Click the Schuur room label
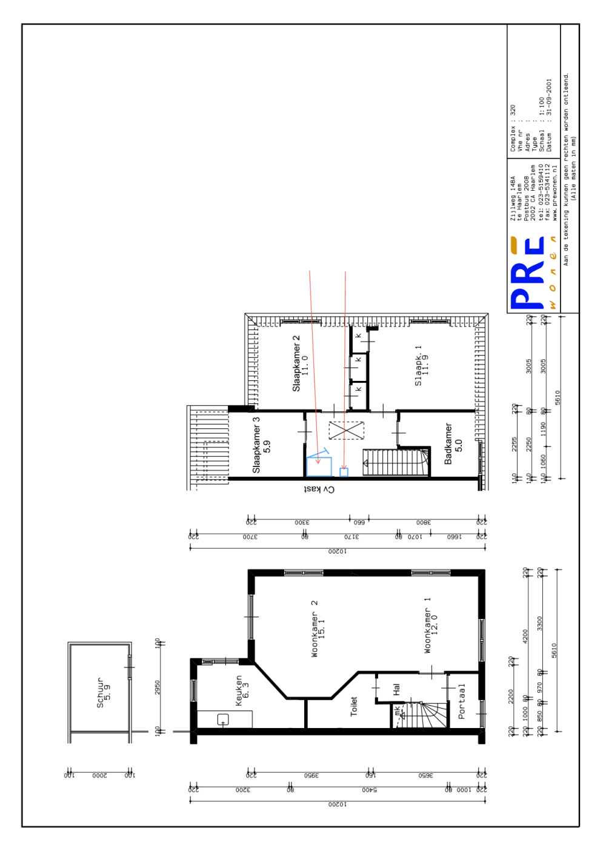103,692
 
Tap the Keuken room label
242,690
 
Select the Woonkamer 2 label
318,629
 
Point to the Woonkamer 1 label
430,625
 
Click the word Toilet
354,706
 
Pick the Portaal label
462,701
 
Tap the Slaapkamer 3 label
261,445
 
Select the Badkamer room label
453,444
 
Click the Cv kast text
319,489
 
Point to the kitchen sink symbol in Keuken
223,720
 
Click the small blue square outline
344,472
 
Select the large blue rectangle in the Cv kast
319,466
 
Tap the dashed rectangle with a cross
346,430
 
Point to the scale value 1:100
542,107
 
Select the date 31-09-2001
549,97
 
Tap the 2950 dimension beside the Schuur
158,687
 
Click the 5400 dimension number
369,789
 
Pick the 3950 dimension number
311,775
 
